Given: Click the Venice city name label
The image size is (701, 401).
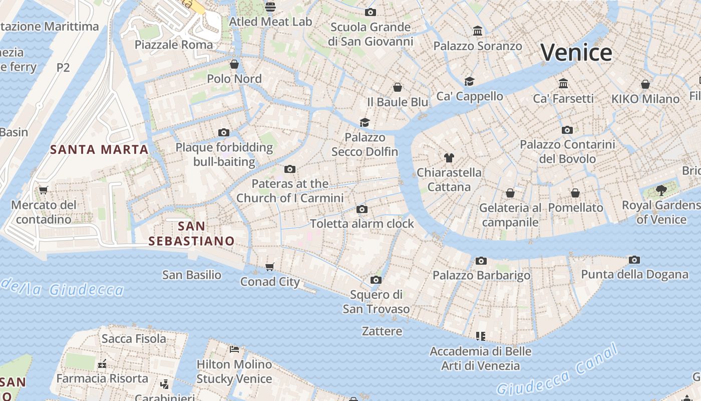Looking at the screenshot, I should tap(576, 53).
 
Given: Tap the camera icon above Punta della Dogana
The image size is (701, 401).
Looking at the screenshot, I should tap(634, 260).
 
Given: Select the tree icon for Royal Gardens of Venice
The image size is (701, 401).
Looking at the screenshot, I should tap(661, 190).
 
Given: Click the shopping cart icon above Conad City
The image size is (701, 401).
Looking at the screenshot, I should tap(270, 267).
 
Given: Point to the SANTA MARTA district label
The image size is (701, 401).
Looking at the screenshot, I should tap(99, 149).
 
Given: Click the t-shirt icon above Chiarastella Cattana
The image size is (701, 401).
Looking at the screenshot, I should tap(449, 158).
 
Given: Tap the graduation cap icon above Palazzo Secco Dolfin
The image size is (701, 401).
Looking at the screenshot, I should tap(365, 123).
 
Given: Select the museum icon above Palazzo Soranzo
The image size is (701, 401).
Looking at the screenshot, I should tap(478, 31).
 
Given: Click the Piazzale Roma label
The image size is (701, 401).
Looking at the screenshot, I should tap(174, 45).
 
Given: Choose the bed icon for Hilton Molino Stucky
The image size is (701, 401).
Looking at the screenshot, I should tap(234, 349).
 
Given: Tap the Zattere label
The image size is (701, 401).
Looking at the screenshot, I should tap(382, 331).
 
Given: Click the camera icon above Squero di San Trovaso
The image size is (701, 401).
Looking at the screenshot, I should tap(376, 280).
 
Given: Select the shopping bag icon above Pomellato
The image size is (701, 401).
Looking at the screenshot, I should tap(575, 193).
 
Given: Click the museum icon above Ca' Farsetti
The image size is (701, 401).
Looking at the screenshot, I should tap(563, 83).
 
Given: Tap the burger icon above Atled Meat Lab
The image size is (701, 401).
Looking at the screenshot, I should tap(270, 7).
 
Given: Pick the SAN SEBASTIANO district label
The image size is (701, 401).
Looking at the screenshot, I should tap(192, 234).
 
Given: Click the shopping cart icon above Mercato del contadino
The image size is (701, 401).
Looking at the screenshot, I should tap(43, 190).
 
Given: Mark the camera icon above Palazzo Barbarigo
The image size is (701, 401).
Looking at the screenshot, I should tap(481, 261).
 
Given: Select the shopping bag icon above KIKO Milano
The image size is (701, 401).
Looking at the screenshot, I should tap(645, 84).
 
